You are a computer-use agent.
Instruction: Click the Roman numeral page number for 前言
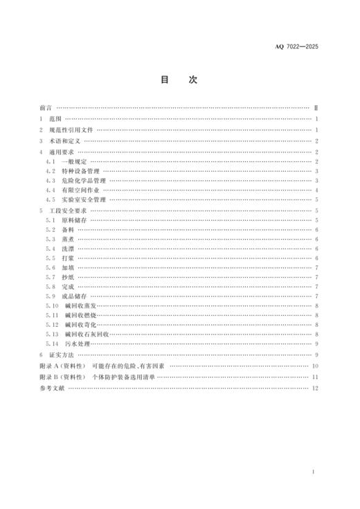point(315,109)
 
